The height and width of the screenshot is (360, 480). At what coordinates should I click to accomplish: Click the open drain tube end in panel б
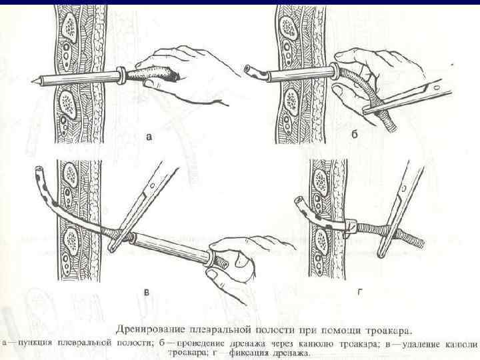(x=248, y=69)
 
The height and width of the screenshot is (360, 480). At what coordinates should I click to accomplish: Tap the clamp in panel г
(x=400, y=207)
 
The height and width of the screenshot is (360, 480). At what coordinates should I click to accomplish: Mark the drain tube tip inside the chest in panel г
(x=299, y=203)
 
